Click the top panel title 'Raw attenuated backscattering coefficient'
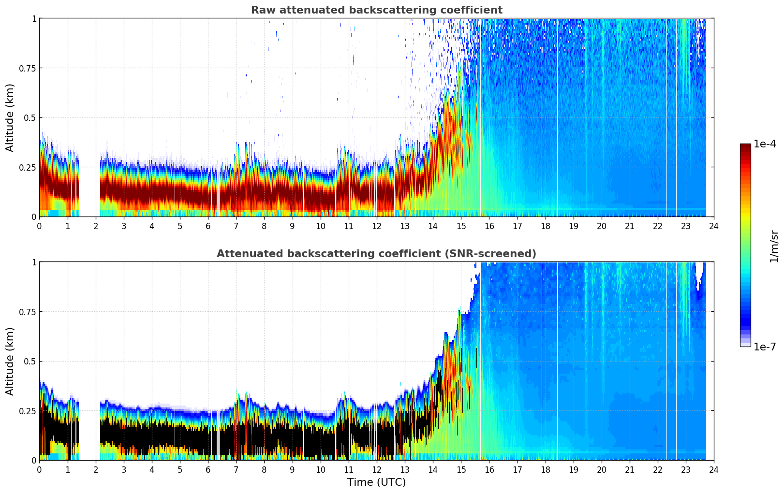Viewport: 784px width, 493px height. [x=376, y=10]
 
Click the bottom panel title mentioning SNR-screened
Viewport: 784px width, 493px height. [x=376, y=254]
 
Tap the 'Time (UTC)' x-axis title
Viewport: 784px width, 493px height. [x=376, y=482]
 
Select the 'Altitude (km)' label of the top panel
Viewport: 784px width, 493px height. [x=10, y=117]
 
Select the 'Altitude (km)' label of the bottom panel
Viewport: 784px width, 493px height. [x=10, y=361]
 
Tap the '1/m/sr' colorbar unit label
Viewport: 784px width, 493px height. [x=774, y=246]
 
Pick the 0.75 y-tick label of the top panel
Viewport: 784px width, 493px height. [x=28, y=68]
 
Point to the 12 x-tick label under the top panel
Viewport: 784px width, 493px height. [x=376, y=226]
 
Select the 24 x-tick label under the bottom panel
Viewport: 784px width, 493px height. [x=713, y=469]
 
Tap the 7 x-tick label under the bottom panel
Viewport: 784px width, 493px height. [x=236, y=469]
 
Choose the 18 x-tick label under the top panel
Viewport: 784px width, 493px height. [x=545, y=226]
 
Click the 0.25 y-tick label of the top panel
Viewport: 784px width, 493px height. [x=28, y=167]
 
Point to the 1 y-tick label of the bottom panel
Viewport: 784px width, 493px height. [x=34, y=262]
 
